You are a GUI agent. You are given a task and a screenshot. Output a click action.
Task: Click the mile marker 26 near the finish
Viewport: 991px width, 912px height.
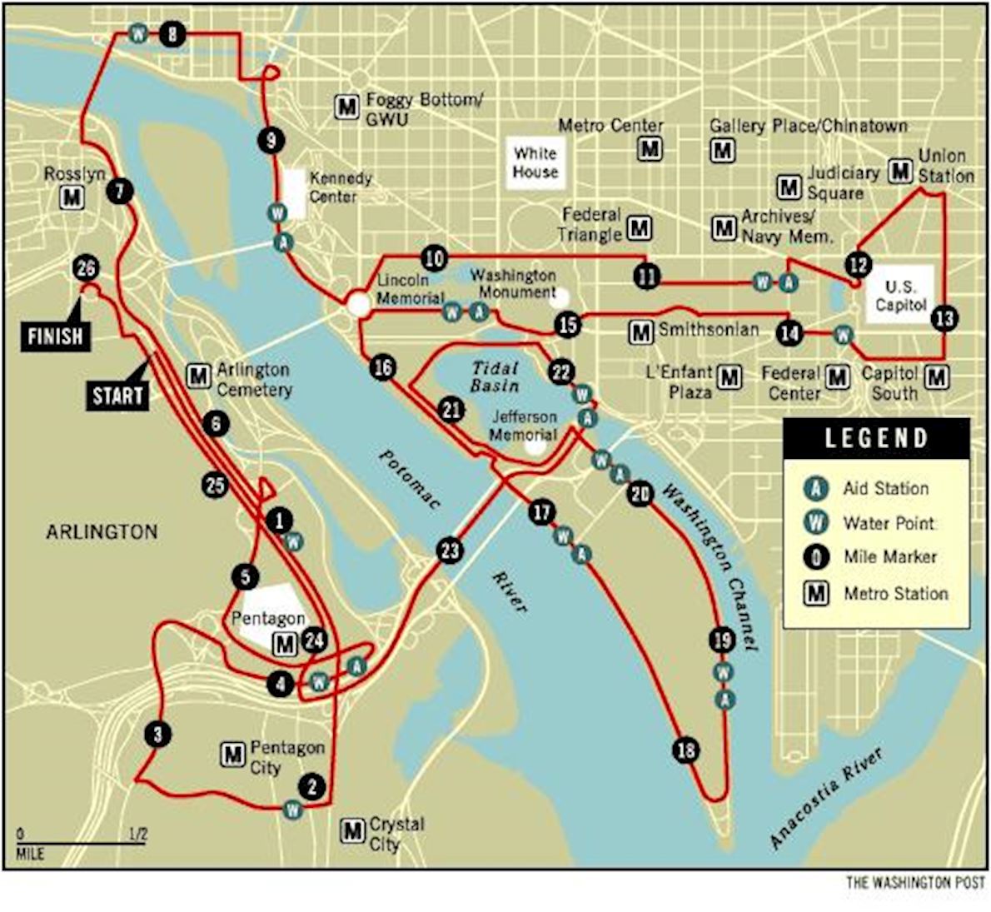[x=86, y=268]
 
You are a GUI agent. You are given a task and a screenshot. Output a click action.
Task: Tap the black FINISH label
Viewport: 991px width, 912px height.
[x=55, y=336]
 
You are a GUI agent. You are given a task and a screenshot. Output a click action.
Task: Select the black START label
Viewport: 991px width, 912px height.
[x=117, y=396]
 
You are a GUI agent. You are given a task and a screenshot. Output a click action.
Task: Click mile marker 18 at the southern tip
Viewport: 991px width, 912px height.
[x=686, y=750]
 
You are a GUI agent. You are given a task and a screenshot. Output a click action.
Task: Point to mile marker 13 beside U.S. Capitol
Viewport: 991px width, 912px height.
[x=944, y=317]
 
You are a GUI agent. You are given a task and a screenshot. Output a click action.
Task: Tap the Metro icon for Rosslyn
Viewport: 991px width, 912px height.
[x=72, y=197]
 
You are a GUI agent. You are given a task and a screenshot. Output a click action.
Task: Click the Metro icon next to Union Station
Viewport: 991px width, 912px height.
[x=900, y=171]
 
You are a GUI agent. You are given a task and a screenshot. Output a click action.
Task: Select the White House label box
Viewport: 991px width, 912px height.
[x=535, y=162]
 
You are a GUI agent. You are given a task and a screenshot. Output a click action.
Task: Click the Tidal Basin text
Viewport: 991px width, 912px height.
[x=495, y=376]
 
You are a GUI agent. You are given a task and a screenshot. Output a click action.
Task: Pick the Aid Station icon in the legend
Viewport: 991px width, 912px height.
[x=816, y=488]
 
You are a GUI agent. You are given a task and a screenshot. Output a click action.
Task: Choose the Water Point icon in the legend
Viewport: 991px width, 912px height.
[x=816, y=522]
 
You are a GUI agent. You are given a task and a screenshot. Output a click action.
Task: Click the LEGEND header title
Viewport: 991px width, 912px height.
[x=876, y=438]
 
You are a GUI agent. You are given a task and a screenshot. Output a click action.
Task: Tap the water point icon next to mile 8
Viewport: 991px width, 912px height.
[x=138, y=34]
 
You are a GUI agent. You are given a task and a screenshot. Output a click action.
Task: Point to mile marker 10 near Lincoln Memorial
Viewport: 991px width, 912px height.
[x=434, y=258]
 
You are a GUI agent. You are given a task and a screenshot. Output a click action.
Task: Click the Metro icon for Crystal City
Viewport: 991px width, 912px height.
[x=353, y=830]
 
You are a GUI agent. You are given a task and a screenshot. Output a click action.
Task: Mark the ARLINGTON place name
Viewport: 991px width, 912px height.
[x=102, y=531]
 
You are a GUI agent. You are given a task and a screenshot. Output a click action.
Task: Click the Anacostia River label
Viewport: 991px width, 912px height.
[x=825, y=798]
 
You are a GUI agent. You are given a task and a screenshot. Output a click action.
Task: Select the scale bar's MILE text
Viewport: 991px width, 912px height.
[x=30, y=855]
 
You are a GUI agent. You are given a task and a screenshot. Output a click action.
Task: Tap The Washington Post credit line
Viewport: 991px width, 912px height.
[x=915, y=883]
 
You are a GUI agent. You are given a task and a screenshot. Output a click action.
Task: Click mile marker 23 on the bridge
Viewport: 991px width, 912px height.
[x=450, y=550]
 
